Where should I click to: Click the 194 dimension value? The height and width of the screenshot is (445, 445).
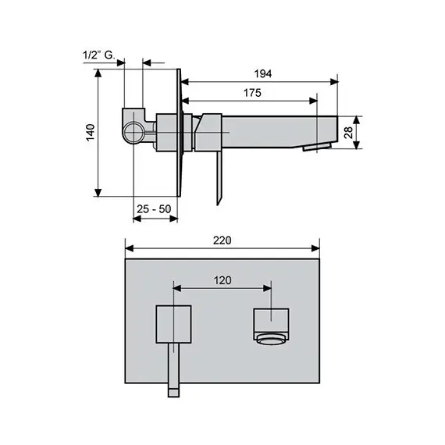[263, 74]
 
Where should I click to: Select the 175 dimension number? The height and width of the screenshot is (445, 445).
[252, 93]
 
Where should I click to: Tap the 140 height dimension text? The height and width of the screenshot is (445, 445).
[91, 133]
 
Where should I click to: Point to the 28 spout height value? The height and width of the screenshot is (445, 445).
[348, 133]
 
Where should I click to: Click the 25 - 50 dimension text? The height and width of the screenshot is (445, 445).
[154, 209]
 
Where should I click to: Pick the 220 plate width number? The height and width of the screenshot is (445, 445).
[222, 240]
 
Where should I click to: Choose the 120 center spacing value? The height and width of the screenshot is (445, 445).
[222, 280]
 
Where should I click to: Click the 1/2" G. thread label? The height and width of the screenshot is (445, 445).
[99, 55]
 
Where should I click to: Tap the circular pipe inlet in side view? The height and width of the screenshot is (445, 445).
[133, 132]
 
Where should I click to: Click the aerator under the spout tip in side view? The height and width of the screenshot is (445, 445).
[317, 147]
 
